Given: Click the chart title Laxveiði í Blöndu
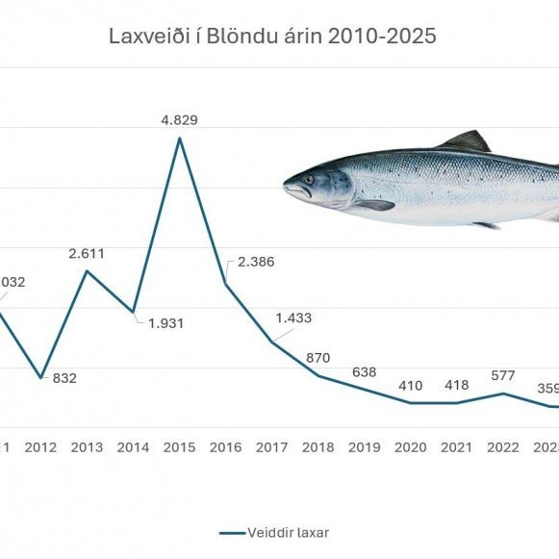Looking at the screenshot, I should pyautogui.click(x=271, y=38).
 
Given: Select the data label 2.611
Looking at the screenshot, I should pyautogui.click(x=87, y=254).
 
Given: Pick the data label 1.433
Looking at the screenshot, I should pyautogui.click(x=293, y=318).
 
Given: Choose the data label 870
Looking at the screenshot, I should pyautogui.click(x=318, y=357).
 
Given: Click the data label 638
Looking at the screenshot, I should pyautogui.click(x=365, y=371).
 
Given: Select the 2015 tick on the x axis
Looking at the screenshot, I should pyautogui.click(x=180, y=447).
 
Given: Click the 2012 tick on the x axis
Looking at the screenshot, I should pyautogui.click(x=40, y=447).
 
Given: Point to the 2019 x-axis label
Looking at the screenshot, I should pyautogui.click(x=365, y=447).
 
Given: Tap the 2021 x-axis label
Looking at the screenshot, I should pyautogui.click(x=456, y=447).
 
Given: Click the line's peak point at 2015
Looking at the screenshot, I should pyautogui.click(x=180, y=139).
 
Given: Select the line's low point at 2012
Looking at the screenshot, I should pyautogui.click(x=40, y=377).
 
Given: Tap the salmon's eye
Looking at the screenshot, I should pyautogui.click(x=309, y=178).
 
